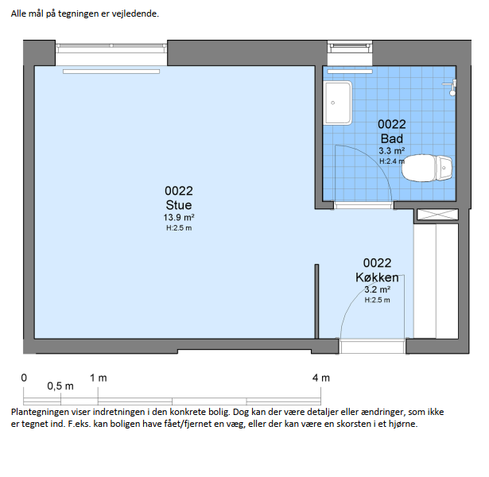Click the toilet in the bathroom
coord(427,168)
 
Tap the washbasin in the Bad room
coord(338,103)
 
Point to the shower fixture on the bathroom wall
coord(451,87)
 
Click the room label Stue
coord(179,205)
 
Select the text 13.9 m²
coord(179,217)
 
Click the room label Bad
coord(392,138)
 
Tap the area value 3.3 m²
coord(392,150)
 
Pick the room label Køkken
coord(377,277)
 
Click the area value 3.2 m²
coord(377,289)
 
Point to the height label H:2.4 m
coord(392,161)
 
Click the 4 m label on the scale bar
coord(321,378)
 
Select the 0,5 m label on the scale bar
coord(60,386)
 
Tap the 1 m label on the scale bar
coord(99,378)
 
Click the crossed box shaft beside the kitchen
coord(437,215)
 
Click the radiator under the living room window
coord(111,72)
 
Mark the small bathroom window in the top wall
coord(350,46)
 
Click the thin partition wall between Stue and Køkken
coord(316,301)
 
